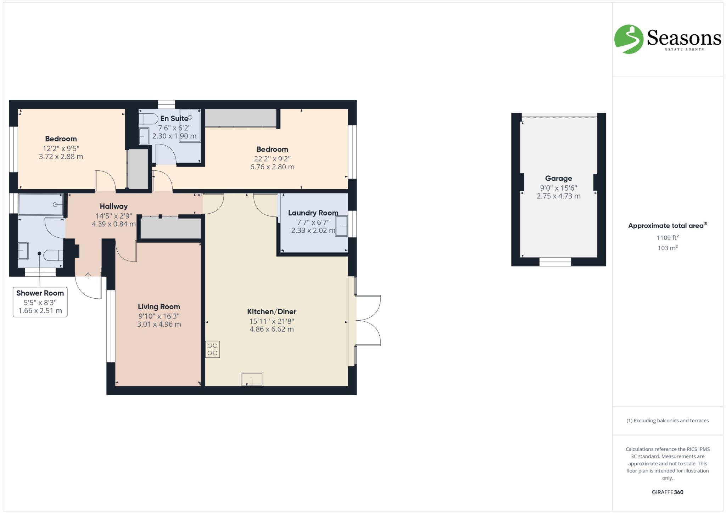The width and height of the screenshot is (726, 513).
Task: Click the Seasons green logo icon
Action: pos(629,39)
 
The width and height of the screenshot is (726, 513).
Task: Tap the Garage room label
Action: pos(558,179)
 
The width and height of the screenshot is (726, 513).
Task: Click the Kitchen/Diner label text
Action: pos(272,312)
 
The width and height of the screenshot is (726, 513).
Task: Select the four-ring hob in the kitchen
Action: pos(212,349)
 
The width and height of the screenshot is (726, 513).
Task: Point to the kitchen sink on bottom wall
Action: pos(252,379)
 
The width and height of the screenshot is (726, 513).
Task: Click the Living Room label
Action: pos(159,307)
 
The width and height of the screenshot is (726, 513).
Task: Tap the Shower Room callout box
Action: pos(40,302)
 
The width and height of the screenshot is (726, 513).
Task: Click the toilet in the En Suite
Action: pos(148,118)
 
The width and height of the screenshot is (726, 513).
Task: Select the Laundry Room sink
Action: pos(341,226)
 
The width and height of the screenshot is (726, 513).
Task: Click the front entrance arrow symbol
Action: pos(88,275)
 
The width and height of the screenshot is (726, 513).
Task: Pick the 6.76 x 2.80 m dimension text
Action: pos(272,167)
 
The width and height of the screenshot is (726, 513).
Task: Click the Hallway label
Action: pos(113,206)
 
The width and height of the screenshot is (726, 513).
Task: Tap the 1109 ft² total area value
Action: pos(668,238)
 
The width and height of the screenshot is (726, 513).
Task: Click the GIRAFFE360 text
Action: pos(668,492)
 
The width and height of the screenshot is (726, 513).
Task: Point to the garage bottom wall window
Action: pos(555,262)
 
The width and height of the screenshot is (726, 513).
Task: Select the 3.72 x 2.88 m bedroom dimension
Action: pos(61,157)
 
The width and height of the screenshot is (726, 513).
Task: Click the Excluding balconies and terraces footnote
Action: pos(668,421)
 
